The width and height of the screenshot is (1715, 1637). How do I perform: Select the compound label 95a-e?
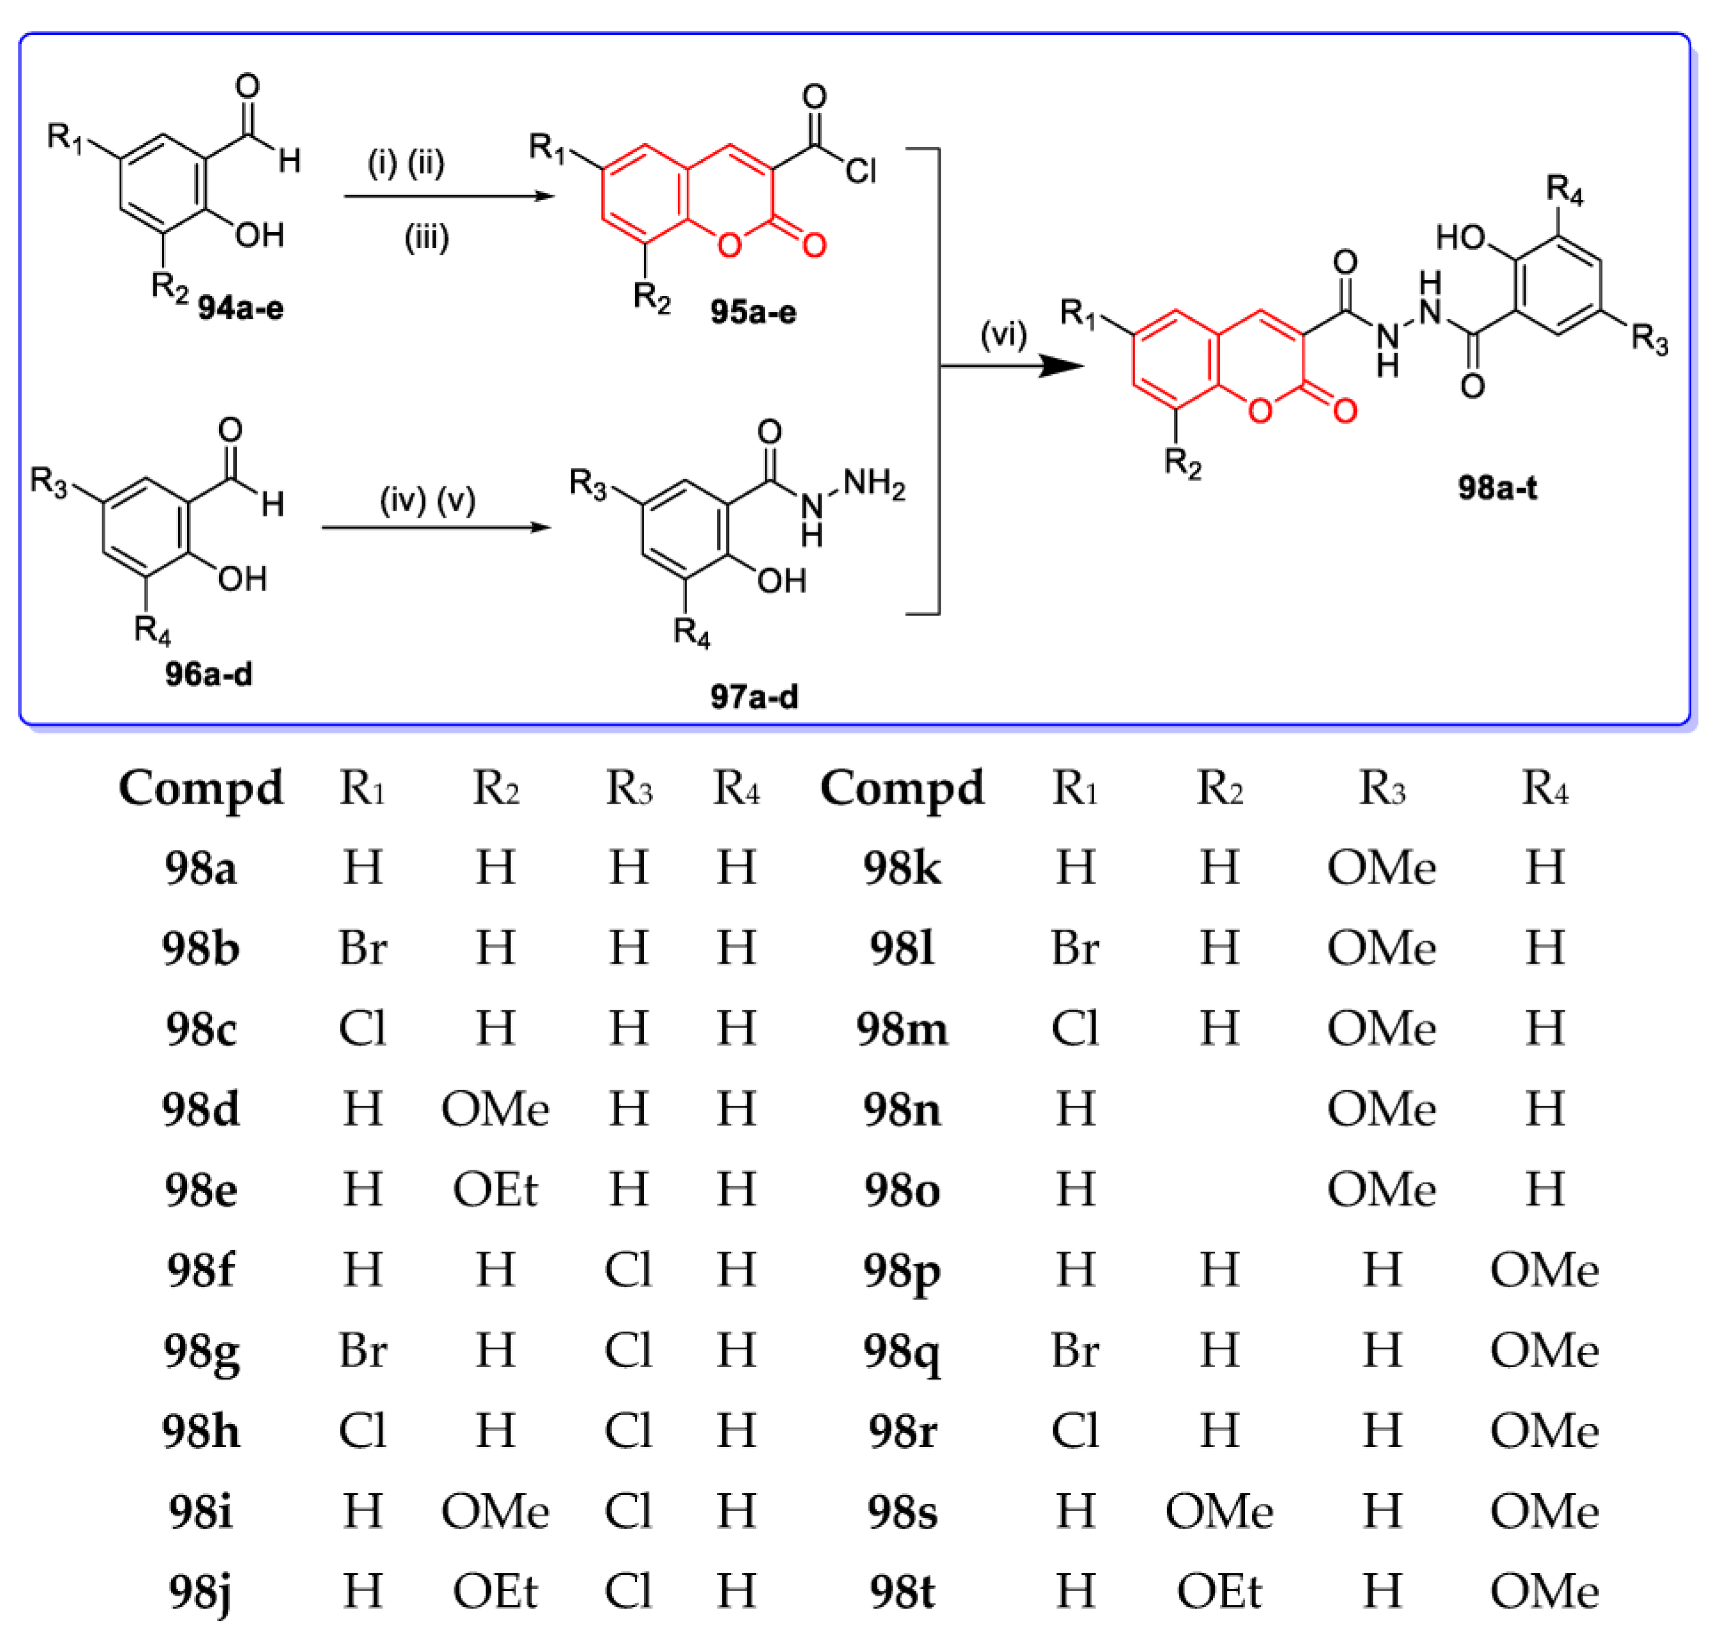click(x=752, y=311)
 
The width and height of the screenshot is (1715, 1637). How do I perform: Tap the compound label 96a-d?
click(x=208, y=674)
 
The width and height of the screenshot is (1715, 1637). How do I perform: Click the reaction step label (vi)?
click(x=1003, y=334)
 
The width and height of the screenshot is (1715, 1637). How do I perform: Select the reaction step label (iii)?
click(x=426, y=237)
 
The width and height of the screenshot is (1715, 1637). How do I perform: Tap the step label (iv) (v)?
click(x=427, y=500)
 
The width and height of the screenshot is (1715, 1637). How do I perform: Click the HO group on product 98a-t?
click(x=1460, y=237)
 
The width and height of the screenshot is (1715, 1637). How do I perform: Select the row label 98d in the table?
click(x=201, y=1109)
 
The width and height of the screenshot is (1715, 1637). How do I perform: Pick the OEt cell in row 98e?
click(x=495, y=1190)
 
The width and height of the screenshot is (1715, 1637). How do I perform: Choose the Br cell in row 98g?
click(x=362, y=1351)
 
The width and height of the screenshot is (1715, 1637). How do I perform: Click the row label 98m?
click(x=902, y=1029)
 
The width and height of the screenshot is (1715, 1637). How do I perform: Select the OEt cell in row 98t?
click(x=1218, y=1591)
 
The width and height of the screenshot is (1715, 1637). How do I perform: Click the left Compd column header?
click(x=201, y=788)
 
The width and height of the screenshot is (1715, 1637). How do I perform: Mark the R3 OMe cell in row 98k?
click(x=1381, y=868)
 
